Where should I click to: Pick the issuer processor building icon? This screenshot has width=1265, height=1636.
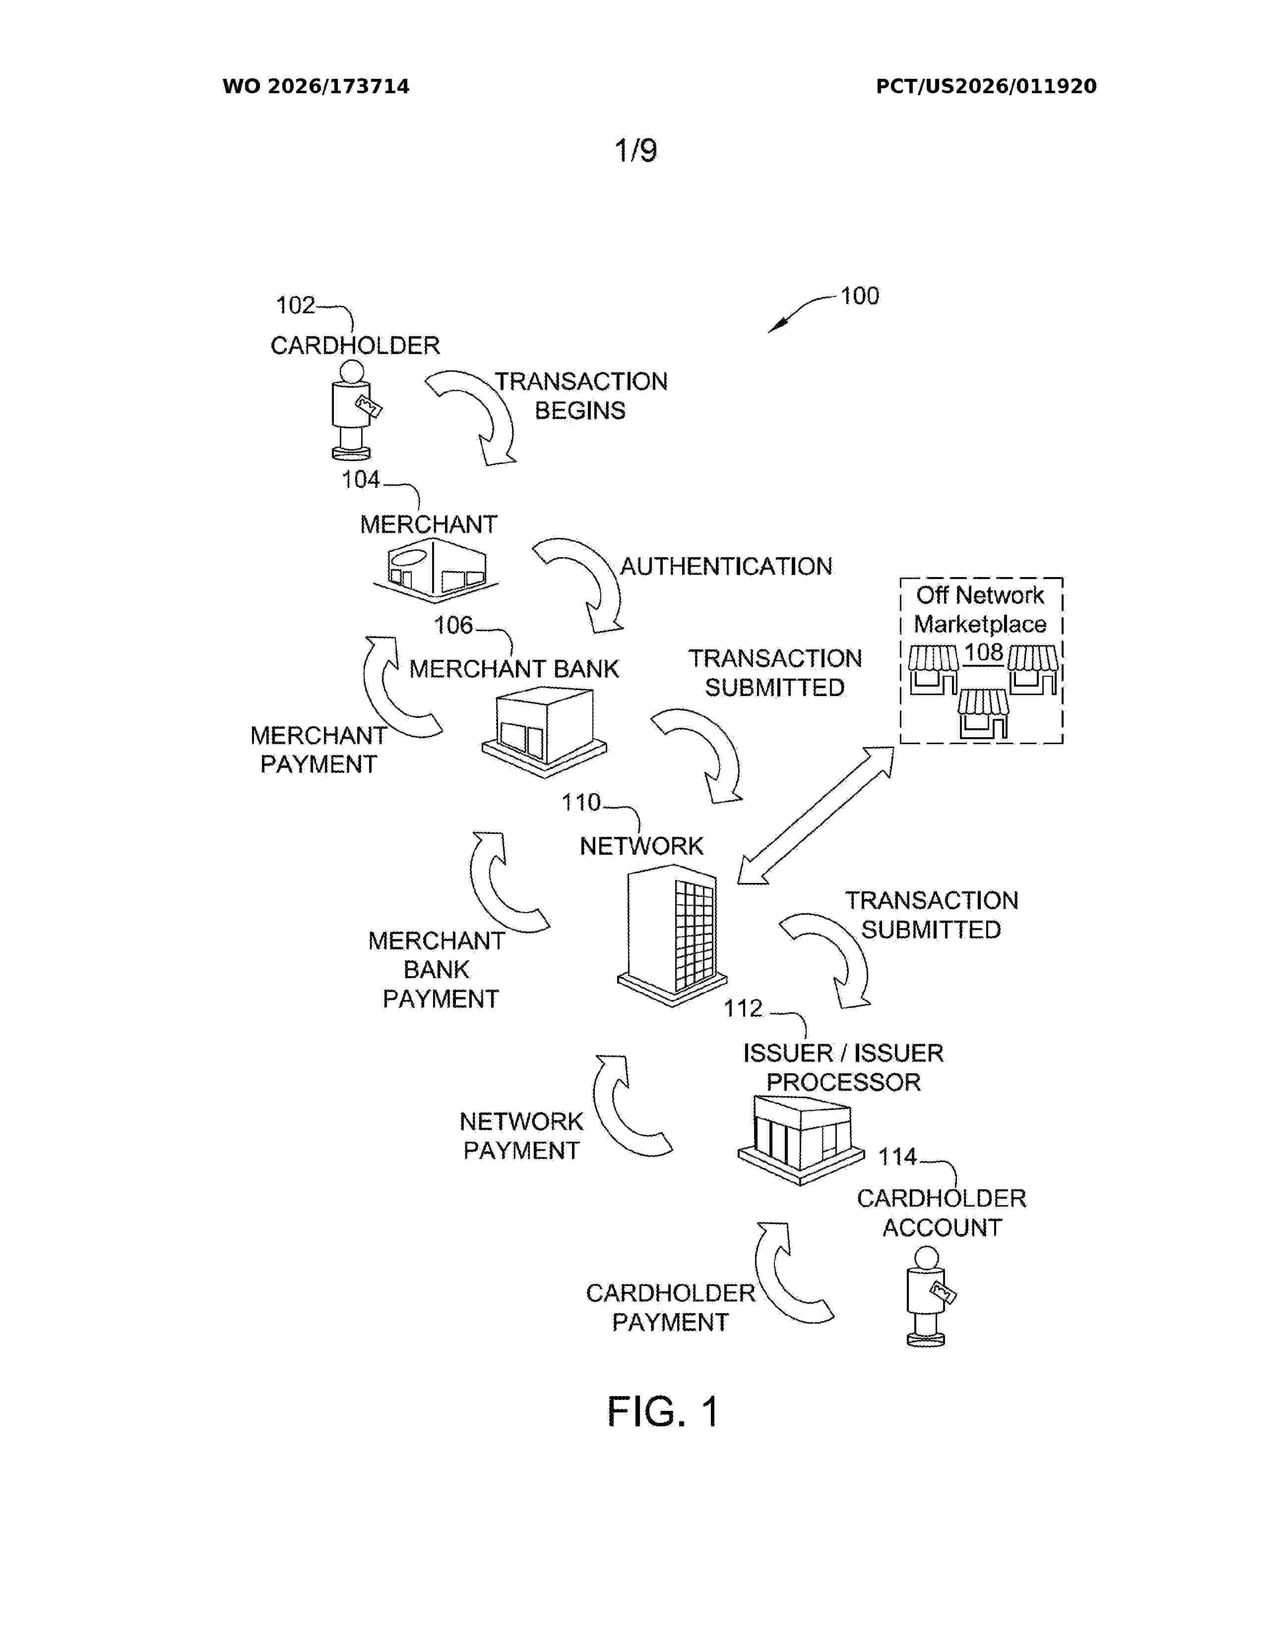(800, 1139)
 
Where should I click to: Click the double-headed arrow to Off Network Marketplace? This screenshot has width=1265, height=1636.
(816, 815)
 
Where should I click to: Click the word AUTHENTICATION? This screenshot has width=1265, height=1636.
(725, 566)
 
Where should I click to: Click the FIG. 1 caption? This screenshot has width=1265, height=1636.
(663, 1411)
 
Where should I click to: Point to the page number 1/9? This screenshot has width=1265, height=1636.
(635, 151)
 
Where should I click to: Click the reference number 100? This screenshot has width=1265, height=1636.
(860, 296)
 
